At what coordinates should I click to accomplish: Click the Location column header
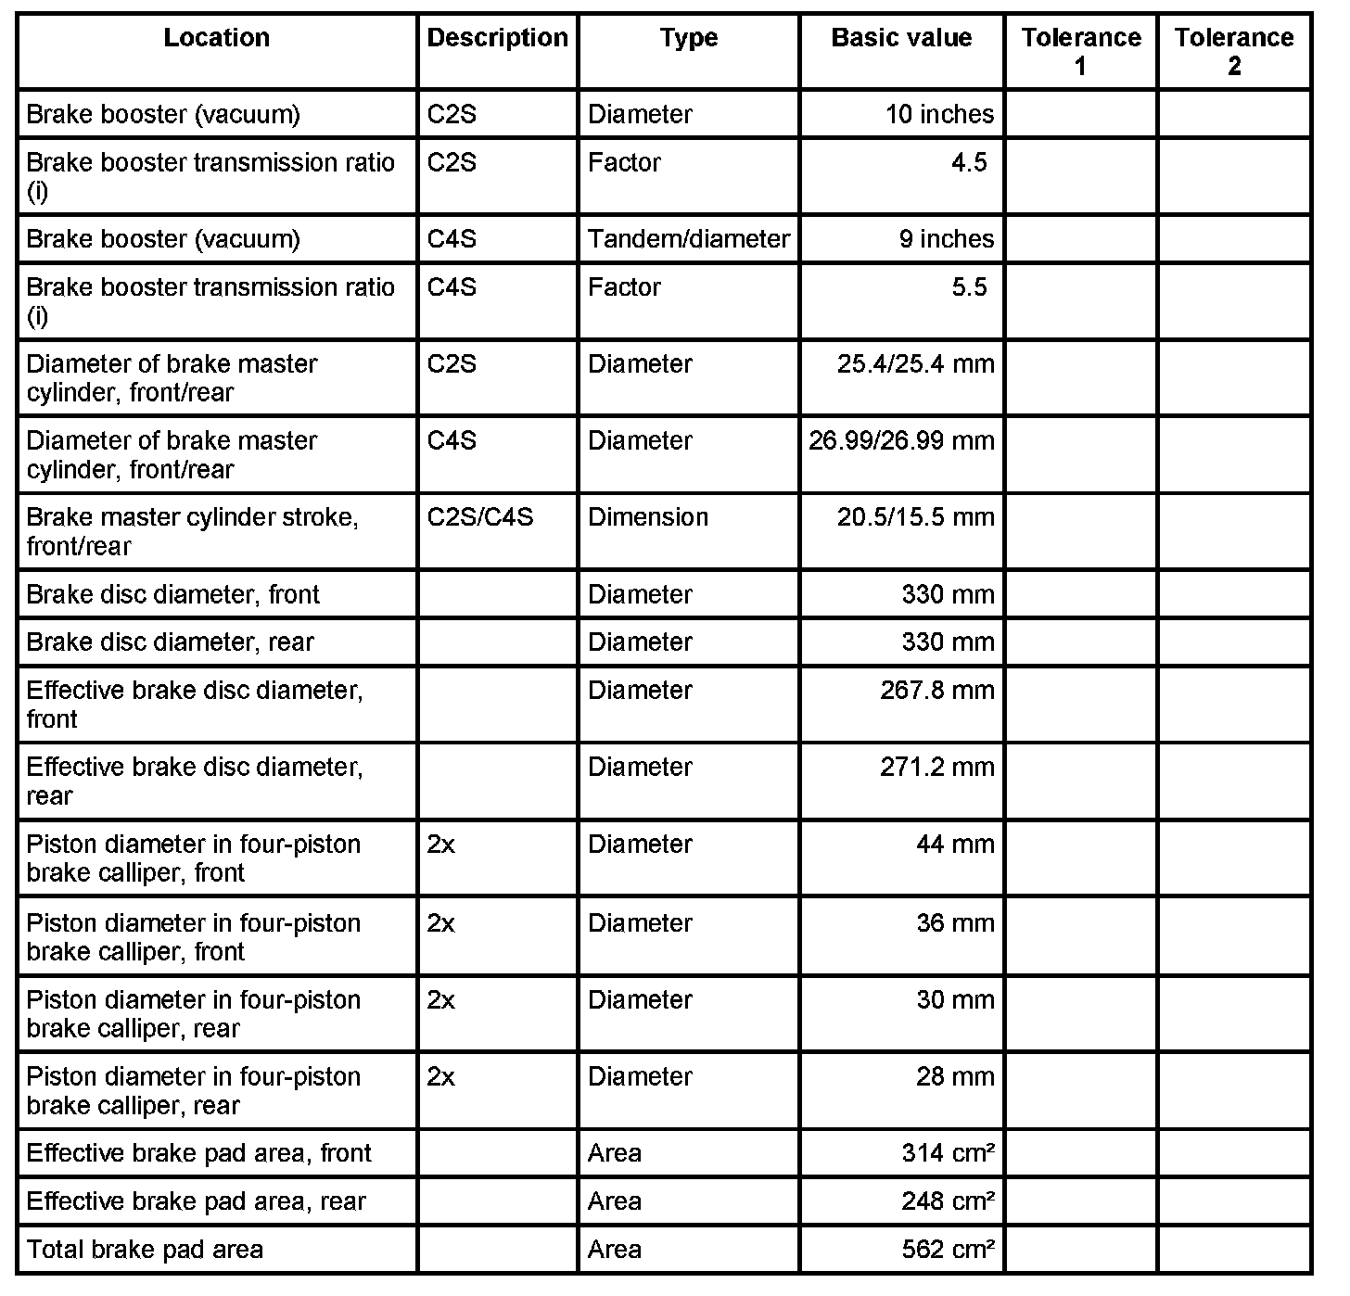pos(217,38)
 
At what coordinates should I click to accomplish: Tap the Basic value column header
pos(901,38)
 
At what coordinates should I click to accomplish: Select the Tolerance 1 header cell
pos(1081,51)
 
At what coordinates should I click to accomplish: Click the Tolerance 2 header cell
pos(1234,51)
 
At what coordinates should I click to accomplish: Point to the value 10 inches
pos(939,114)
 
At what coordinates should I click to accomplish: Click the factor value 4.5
pos(969,162)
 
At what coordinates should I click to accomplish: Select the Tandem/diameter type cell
pos(689,239)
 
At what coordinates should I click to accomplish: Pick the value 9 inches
pos(946,239)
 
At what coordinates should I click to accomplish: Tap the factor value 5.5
pos(969,287)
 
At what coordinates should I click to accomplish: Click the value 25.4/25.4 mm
pos(915,363)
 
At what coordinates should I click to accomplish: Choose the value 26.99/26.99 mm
pos(901,440)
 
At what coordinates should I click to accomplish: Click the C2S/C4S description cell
pos(480,517)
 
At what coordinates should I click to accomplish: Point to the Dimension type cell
pos(648,517)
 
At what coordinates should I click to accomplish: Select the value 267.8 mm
pos(936,690)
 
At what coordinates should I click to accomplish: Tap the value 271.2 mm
pos(936,767)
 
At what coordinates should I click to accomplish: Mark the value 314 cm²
pos(948,1153)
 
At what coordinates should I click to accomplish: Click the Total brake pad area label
pos(145,1250)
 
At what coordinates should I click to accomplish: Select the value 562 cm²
pos(948,1250)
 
